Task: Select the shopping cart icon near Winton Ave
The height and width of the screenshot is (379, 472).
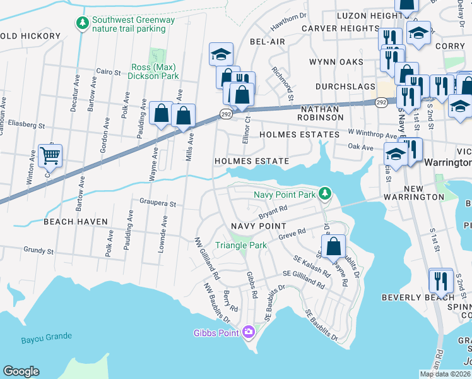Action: (50, 154)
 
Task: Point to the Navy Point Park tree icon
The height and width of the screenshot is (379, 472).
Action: (324, 193)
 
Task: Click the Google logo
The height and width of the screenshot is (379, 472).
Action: (21, 371)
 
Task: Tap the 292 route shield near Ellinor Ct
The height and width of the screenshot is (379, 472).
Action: (226, 113)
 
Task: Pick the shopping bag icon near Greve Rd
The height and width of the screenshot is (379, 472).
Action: (334, 245)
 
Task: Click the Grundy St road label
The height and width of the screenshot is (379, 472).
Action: (38, 251)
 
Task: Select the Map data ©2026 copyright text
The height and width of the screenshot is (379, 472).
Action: (445, 374)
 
